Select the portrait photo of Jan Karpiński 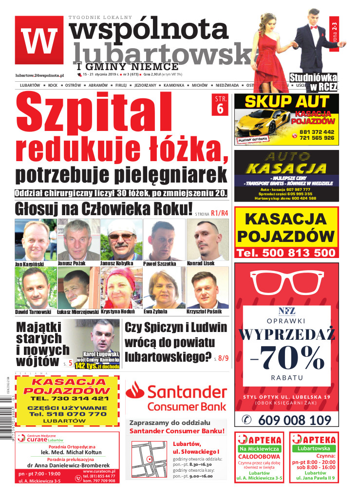coord(36,240)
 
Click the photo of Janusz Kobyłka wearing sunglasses coord(121,240)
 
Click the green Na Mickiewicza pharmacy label coord(259,448)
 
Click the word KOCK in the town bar coord(53,85)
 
